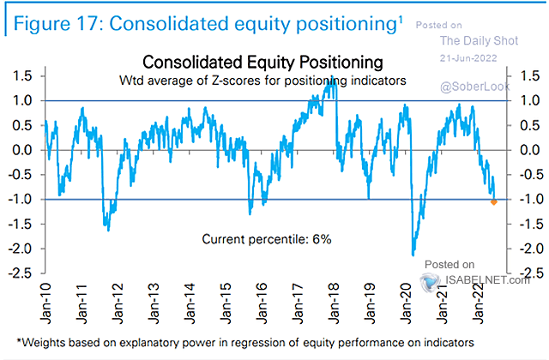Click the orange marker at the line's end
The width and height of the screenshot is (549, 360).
493,202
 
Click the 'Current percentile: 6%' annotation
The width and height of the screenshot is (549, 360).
259,238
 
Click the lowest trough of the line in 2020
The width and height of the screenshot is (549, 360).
414,255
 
